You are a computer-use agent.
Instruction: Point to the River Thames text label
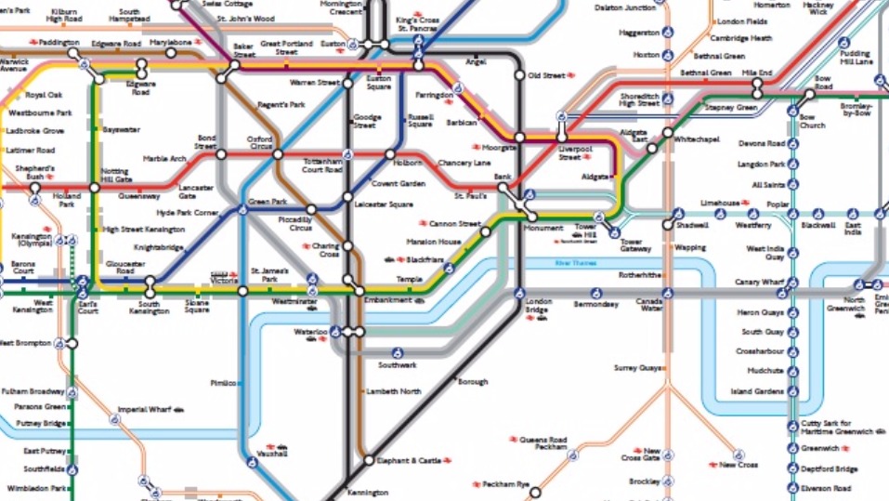(x=574, y=264)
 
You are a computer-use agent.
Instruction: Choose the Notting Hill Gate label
(x=116, y=175)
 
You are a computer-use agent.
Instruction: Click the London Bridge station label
(x=539, y=307)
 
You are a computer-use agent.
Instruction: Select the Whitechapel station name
(x=697, y=138)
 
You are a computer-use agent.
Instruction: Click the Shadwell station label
(x=692, y=225)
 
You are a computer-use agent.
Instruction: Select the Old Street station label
(x=546, y=75)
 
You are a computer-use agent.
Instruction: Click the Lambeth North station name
(x=395, y=391)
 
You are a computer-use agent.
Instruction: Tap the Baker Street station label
(x=243, y=50)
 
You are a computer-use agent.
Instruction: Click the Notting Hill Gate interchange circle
(x=95, y=186)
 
